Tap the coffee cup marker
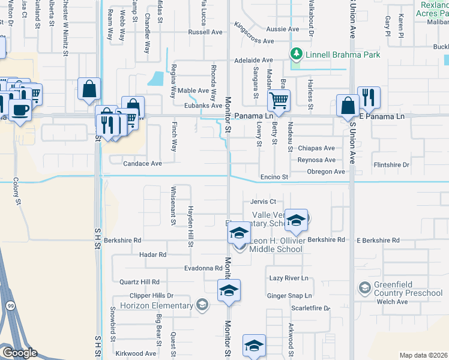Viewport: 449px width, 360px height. pos(20,110)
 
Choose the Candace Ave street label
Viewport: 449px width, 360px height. pos(142,163)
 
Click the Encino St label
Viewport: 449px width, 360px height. pos(274,178)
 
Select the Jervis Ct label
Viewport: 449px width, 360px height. pos(264,202)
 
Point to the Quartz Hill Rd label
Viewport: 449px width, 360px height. pos(139,281)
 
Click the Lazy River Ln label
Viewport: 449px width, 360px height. pos(288,278)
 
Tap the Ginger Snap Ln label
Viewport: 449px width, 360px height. pos(289,296)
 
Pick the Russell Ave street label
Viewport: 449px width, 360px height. pos(205,32)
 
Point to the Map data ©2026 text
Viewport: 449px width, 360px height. pos(423,355)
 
